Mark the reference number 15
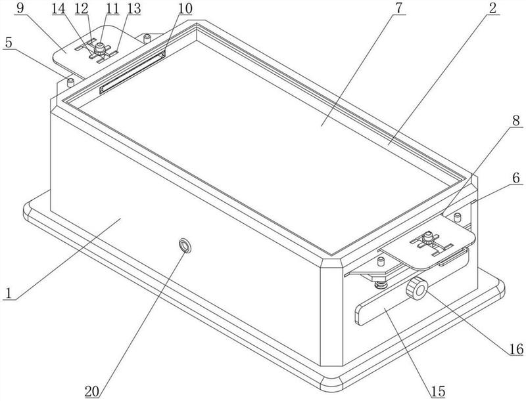click(x=439, y=392)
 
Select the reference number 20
click(x=91, y=392)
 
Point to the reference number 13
click(x=116, y=8)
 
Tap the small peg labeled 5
click(x=70, y=82)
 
